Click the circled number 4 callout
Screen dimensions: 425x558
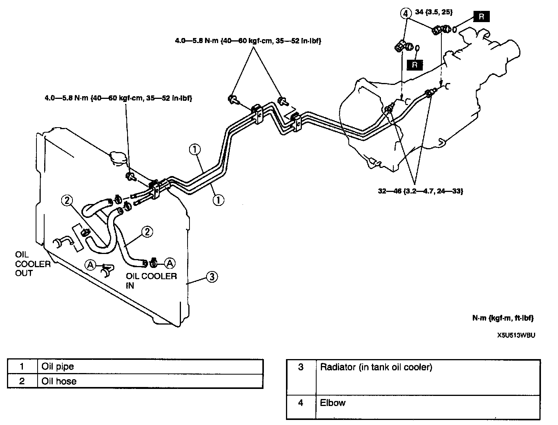point(405,14)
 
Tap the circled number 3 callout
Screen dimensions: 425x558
point(212,277)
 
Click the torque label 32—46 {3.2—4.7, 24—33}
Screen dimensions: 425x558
point(420,191)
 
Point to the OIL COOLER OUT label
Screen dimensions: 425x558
point(33,264)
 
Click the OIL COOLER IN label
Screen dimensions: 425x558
point(151,280)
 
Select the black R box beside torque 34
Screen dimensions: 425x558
point(481,17)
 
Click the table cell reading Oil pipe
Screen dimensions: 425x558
point(57,366)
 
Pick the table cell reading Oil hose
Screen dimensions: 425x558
point(59,381)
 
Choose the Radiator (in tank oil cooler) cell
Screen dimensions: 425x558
point(375,367)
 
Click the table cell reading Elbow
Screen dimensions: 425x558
point(332,403)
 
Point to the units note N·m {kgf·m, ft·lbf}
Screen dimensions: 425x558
point(503,318)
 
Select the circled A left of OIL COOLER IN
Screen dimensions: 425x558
point(90,264)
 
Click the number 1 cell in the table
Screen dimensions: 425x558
point(22,366)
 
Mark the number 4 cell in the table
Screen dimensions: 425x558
point(301,403)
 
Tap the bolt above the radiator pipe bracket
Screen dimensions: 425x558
point(130,176)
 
